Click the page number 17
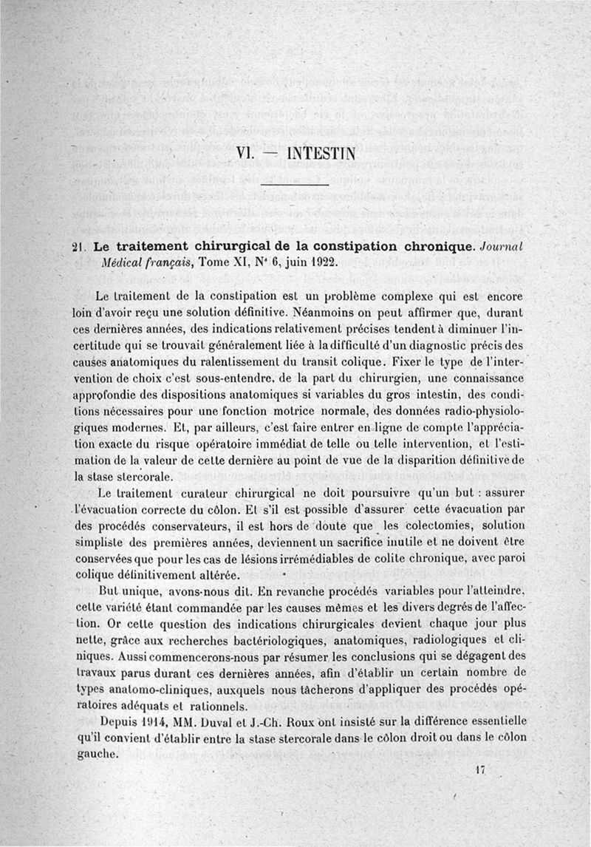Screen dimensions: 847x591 click(479, 769)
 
